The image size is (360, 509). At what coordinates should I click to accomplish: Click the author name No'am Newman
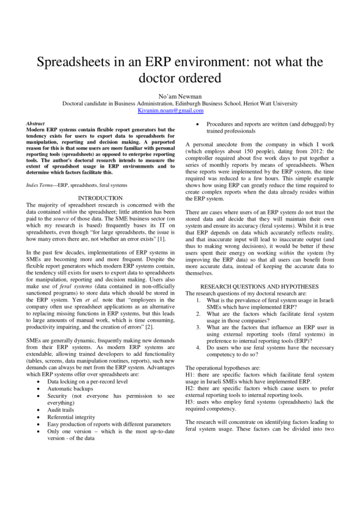click(179, 96)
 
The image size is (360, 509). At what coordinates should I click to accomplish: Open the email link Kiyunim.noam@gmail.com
click(171, 111)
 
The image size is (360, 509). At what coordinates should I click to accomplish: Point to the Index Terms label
click(40, 185)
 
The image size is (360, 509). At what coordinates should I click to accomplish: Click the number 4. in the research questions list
click(198, 347)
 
